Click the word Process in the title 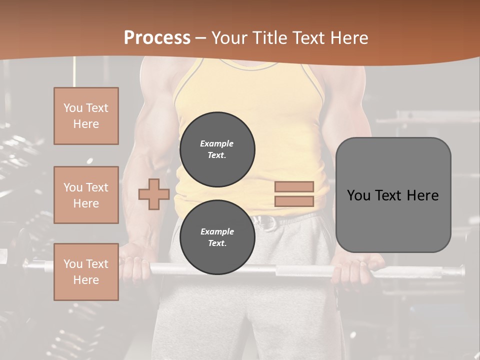point(157,38)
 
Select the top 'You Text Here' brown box point(86,116)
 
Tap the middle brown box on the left point(86,195)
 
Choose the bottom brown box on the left point(86,271)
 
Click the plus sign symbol point(154,194)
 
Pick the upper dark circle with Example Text point(217,149)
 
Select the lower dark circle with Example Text point(217,237)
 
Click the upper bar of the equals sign point(294,187)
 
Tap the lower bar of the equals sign point(294,201)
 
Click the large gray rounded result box point(393,195)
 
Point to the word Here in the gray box point(422,195)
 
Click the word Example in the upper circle point(217,143)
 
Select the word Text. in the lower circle point(217,243)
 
